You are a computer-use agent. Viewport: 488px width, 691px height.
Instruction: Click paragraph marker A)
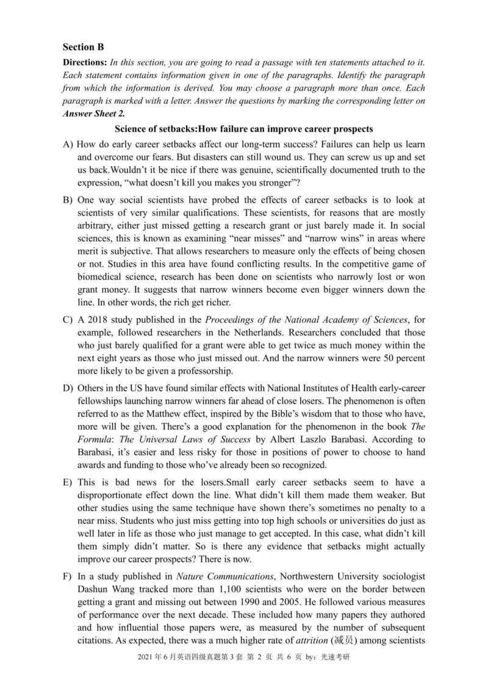(x=68, y=145)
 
